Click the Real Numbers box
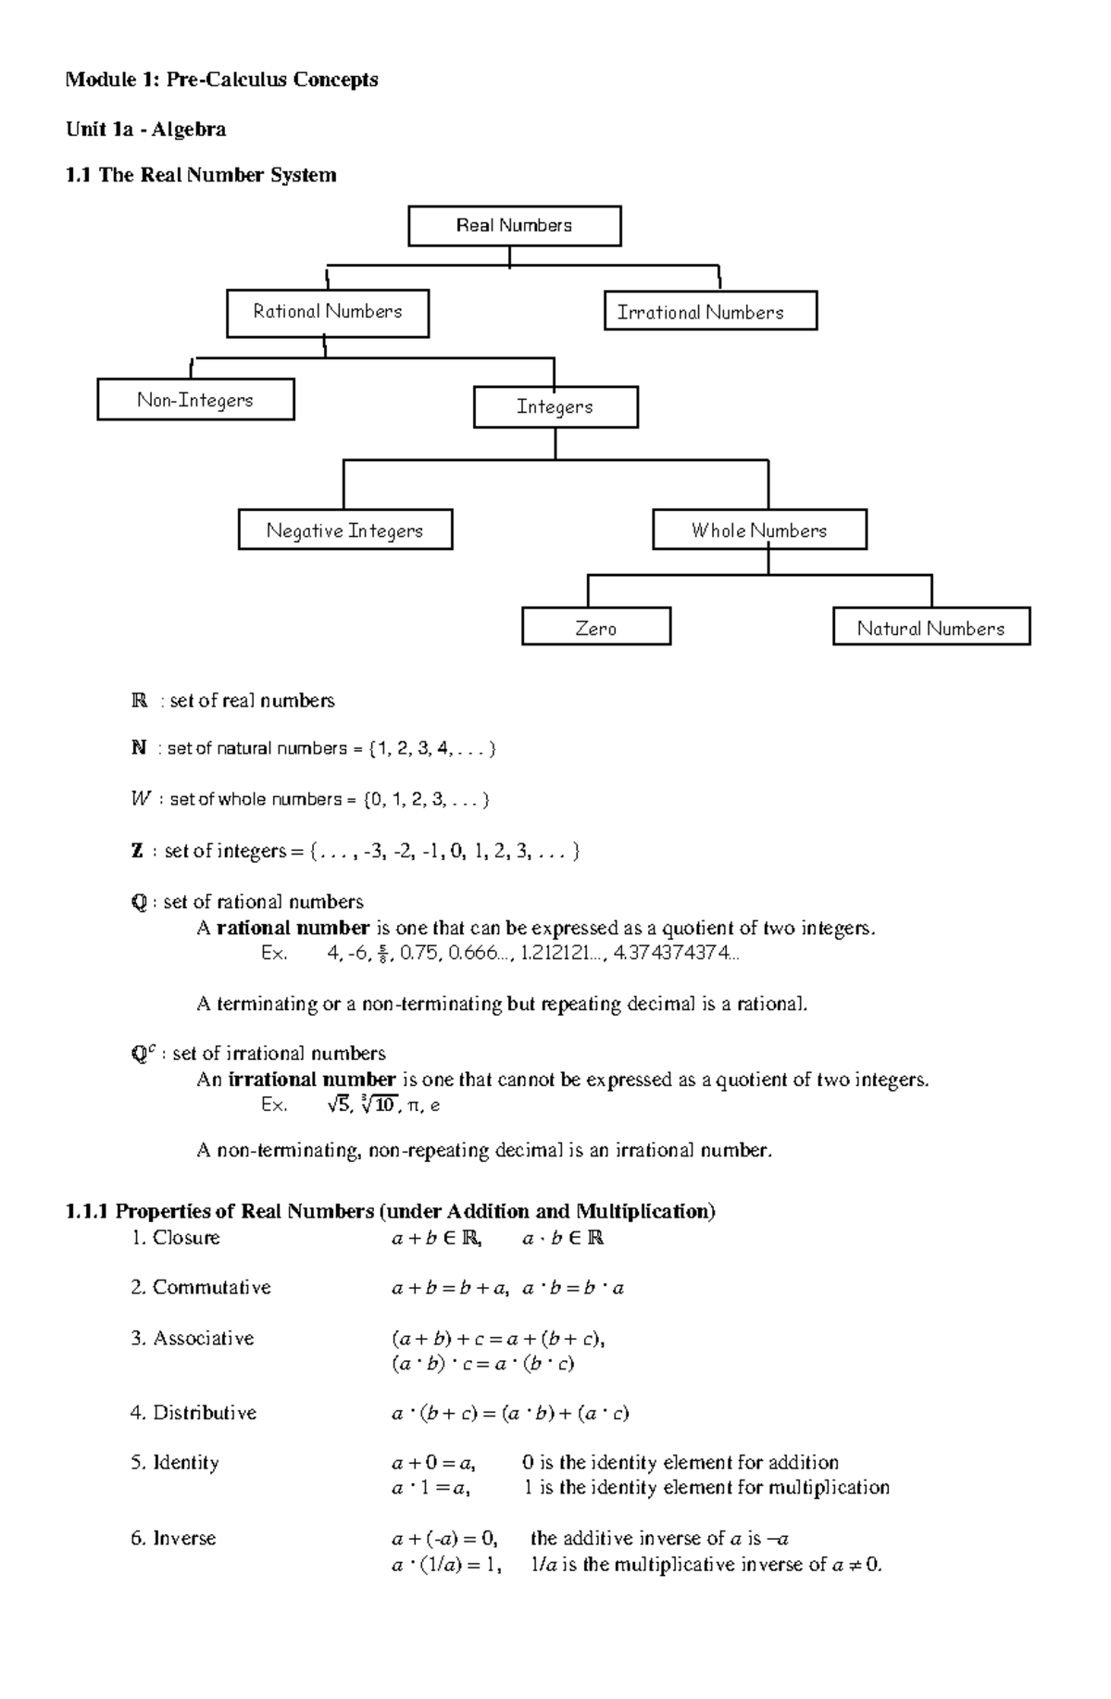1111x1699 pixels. point(514,226)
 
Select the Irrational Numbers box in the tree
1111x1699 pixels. point(710,312)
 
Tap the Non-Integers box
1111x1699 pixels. point(195,400)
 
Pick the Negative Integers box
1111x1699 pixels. point(344,531)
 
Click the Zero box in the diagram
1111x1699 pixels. point(595,629)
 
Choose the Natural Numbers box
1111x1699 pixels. point(930,629)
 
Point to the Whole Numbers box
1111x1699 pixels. point(759,531)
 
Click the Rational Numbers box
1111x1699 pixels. point(327,312)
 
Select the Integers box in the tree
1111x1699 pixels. point(555,407)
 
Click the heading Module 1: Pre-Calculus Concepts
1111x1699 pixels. point(221,80)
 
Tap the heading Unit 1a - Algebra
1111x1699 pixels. point(145,129)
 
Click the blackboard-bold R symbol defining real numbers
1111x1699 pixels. point(139,701)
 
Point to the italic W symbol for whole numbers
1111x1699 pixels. point(140,799)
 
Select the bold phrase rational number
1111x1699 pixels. point(293,928)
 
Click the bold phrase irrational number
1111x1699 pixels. point(312,1080)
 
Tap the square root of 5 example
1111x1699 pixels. point(339,1105)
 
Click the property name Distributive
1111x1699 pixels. point(204,1413)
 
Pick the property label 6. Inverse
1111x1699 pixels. point(173,1538)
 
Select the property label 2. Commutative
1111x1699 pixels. point(201,1287)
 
